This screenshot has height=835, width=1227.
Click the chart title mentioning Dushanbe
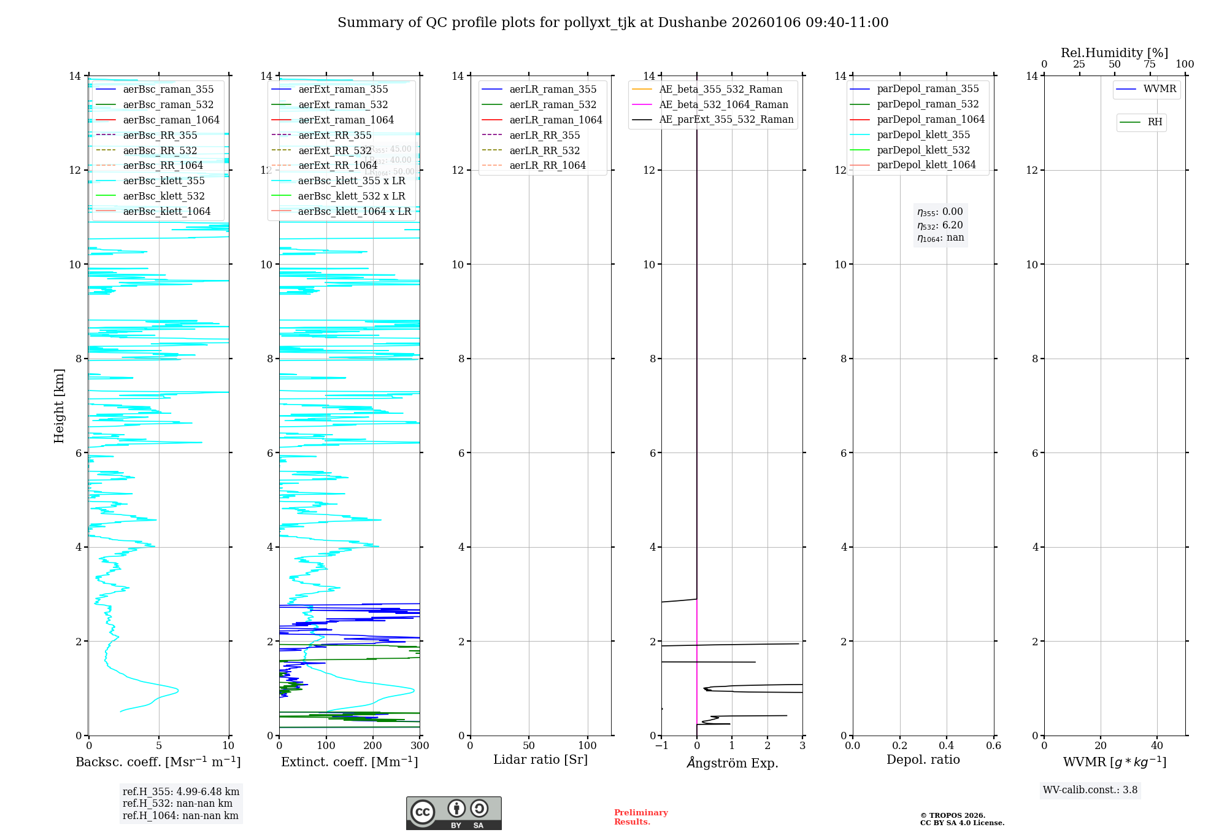[613, 23]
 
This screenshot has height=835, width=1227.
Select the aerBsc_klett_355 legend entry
[164, 181]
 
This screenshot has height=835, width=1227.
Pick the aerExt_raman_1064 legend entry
[346, 120]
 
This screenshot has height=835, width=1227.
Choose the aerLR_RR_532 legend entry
[544, 151]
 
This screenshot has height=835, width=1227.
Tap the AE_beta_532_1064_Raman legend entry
[723, 105]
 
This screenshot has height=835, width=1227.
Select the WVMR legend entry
[1160, 90]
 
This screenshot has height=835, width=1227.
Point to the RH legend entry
[1155, 123]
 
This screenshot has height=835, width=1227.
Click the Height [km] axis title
[59, 406]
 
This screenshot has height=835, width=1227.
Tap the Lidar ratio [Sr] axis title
[540, 760]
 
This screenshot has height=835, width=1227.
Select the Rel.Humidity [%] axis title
[1114, 53]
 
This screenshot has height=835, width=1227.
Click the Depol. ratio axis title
[923, 760]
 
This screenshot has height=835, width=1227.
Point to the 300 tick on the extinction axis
[420, 746]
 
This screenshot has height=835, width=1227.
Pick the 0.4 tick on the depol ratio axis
[947, 746]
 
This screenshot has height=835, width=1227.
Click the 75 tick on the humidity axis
[1150, 64]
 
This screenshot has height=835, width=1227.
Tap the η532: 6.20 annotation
[940, 225]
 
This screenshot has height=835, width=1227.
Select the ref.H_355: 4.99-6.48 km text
[181, 792]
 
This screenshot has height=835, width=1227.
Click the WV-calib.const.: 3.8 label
[1090, 790]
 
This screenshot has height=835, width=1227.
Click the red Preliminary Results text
[640, 817]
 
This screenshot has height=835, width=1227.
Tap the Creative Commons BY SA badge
[453, 814]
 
